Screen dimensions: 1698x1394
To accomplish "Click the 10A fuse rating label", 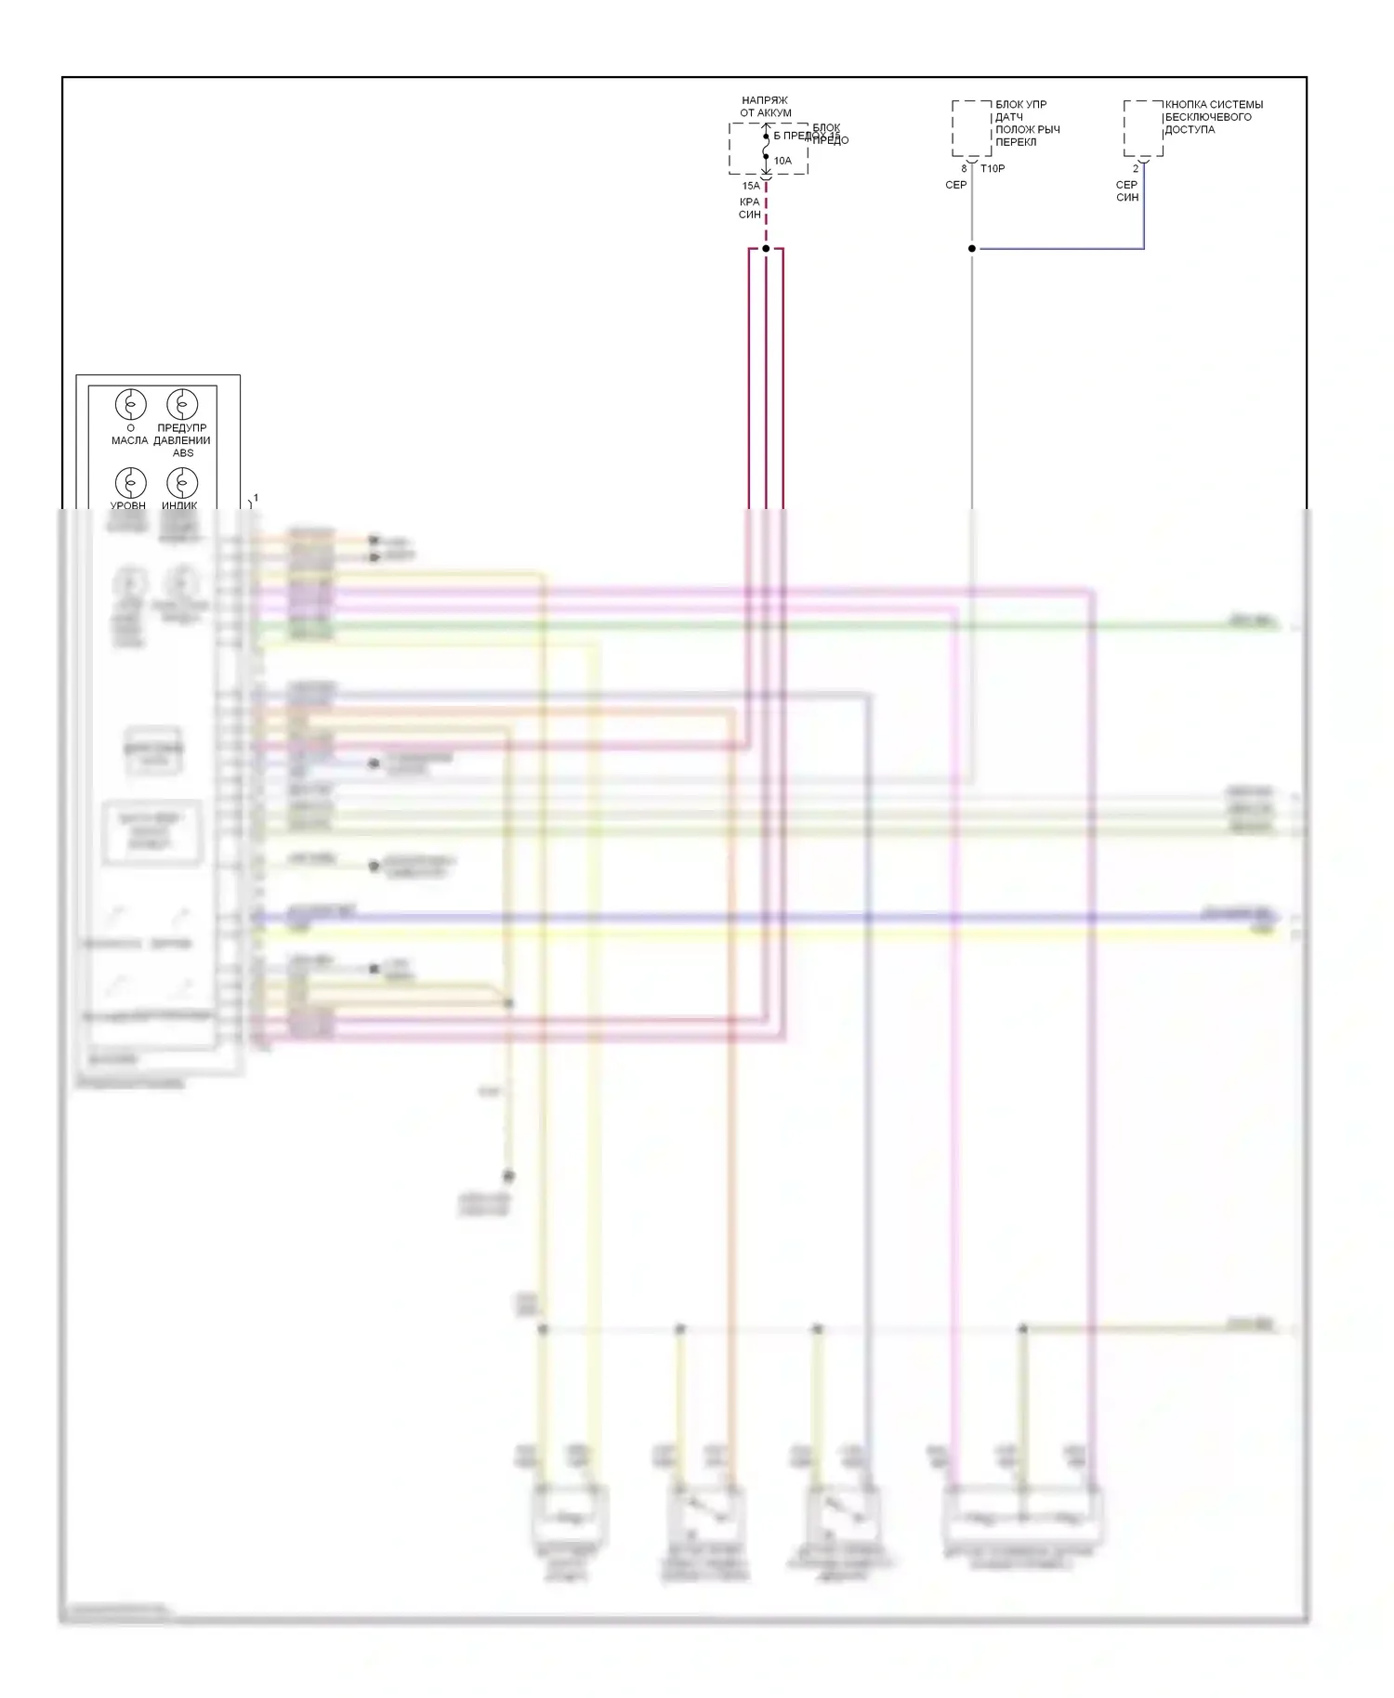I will click(782, 161).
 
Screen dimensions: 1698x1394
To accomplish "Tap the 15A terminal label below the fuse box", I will click(751, 186).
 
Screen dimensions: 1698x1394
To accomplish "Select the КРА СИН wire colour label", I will click(750, 208).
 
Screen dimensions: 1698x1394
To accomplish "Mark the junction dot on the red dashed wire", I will click(766, 249).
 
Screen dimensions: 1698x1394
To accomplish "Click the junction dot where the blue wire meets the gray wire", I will click(972, 249).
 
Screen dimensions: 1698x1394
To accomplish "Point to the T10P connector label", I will click(993, 169).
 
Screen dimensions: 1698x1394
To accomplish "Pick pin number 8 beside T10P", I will click(964, 169).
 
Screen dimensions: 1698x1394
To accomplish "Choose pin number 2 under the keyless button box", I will click(1135, 169).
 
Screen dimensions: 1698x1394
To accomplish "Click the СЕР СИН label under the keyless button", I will click(1127, 191).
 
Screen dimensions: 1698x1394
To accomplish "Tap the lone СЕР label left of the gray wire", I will click(956, 185).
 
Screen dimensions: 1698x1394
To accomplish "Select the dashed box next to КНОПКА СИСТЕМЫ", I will click(1143, 128).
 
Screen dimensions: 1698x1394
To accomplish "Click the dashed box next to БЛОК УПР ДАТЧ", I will click(971, 128).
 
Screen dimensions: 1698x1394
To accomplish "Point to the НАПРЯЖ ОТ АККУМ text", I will click(766, 107).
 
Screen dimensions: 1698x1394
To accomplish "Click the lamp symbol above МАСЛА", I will click(131, 405).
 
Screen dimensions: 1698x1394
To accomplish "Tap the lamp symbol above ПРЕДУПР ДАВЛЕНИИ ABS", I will click(182, 405).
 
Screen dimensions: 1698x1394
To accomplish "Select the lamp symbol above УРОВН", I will click(131, 483).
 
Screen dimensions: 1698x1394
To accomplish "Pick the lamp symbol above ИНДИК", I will click(182, 483).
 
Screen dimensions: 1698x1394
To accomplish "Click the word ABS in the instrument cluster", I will click(183, 453).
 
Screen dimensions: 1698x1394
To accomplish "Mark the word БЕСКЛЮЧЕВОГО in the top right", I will click(1208, 117).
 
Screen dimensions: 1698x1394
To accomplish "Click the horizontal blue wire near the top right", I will click(1059, 249).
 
